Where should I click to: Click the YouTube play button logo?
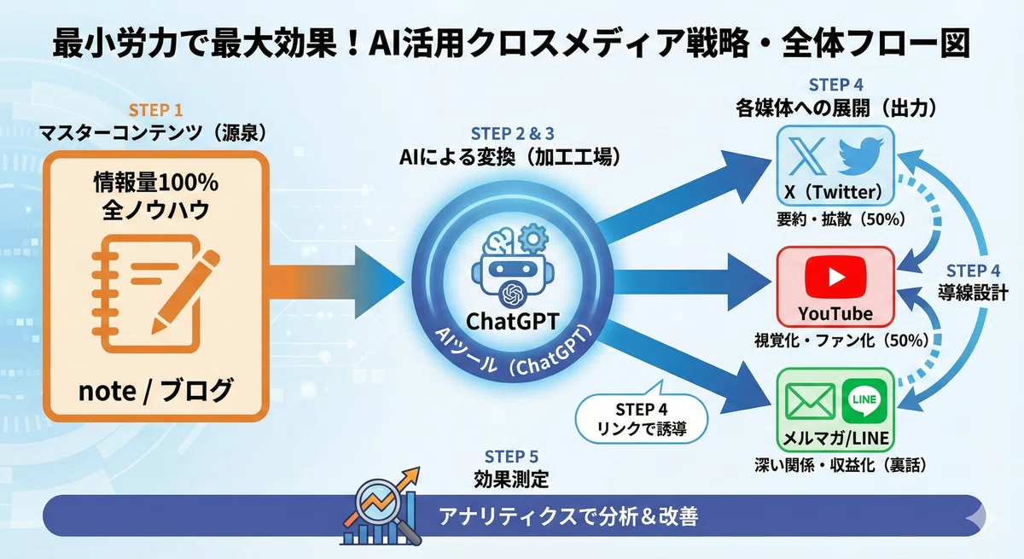(x=835, y=277)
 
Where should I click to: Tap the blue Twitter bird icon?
(x=861, y=156)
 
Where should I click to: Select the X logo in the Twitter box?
(x=807, y=157)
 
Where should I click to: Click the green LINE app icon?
(x=864, y=401)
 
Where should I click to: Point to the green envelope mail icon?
(x=810, y=402)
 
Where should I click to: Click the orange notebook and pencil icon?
(x=155, y=294)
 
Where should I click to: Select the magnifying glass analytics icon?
(x=381, y=506)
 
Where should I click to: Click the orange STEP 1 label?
(x=155, y=110)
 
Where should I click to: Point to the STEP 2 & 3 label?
(x=513, y=133)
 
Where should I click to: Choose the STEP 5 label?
(x=511, y=457)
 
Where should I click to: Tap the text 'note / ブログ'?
(x=155, y=391)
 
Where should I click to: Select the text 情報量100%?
(x=156, y=183)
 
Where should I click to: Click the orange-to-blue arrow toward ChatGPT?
(x=336, y=282)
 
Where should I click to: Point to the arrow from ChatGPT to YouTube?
(x=693, y=282)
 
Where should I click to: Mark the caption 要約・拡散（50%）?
(x=841, y=219)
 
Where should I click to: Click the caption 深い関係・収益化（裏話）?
(x=841, y=465)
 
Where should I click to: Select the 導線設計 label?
(x=973, y=293)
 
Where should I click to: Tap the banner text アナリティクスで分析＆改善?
(x=568, y=516)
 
